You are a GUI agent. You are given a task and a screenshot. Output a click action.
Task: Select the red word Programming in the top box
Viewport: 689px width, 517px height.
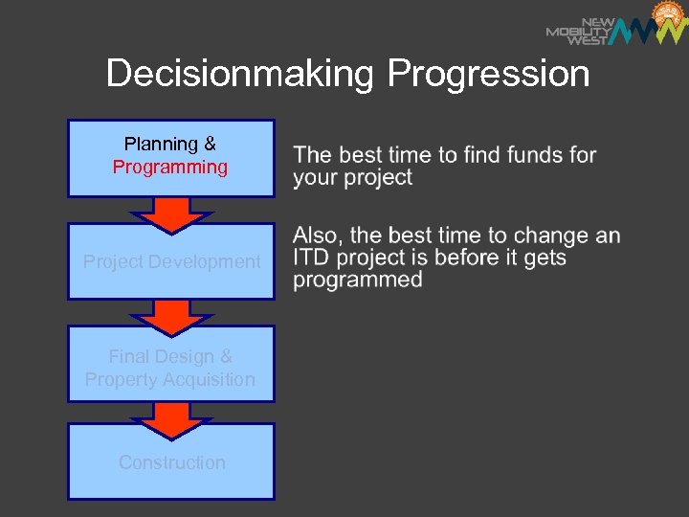pos(170,168)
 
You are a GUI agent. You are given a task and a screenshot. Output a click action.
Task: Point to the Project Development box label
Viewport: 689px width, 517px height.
pos(171,261)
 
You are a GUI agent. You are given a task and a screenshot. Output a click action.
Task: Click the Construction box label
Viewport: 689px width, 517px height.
pos(171,462)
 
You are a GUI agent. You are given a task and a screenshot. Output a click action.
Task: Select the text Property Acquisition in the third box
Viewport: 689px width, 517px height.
pos(170,380)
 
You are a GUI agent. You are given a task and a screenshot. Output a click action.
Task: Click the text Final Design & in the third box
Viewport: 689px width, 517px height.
pos(170,356)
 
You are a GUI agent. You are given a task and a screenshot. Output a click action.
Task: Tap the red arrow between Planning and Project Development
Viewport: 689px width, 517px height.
pos(171,214)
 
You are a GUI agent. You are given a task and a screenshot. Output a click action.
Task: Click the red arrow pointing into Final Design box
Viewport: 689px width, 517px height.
pos(171,316)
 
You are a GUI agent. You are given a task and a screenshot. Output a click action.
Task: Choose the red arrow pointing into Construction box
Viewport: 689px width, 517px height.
pos(171,419)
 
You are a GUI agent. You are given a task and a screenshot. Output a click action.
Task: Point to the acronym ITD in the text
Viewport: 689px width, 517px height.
pos(312,258)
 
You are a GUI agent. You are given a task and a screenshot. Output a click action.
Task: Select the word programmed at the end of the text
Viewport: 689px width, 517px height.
pos(358,281)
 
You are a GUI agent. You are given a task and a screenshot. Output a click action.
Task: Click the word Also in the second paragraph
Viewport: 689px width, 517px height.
pos(315,236)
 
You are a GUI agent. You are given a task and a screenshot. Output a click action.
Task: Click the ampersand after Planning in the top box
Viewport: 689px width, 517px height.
pos(210,145)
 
